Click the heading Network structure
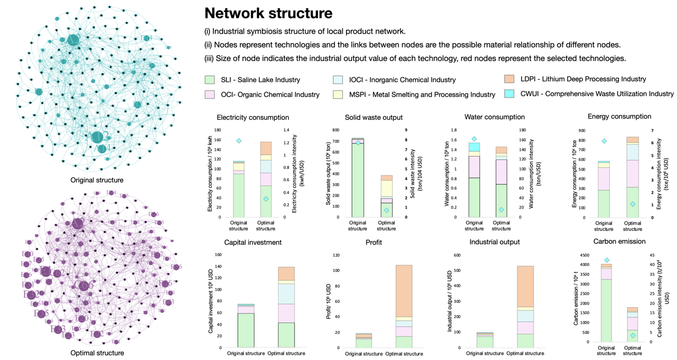point(268,13)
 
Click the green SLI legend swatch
point(210,79)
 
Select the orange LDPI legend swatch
point(509,79)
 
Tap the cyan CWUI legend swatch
point(509,94)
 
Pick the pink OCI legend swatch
point(210,94)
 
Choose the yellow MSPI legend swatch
point(337,94)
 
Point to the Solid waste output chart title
point(373,117)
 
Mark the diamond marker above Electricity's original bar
point(239,141)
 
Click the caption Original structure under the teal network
point(97,180)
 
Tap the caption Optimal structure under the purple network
point(97,353)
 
